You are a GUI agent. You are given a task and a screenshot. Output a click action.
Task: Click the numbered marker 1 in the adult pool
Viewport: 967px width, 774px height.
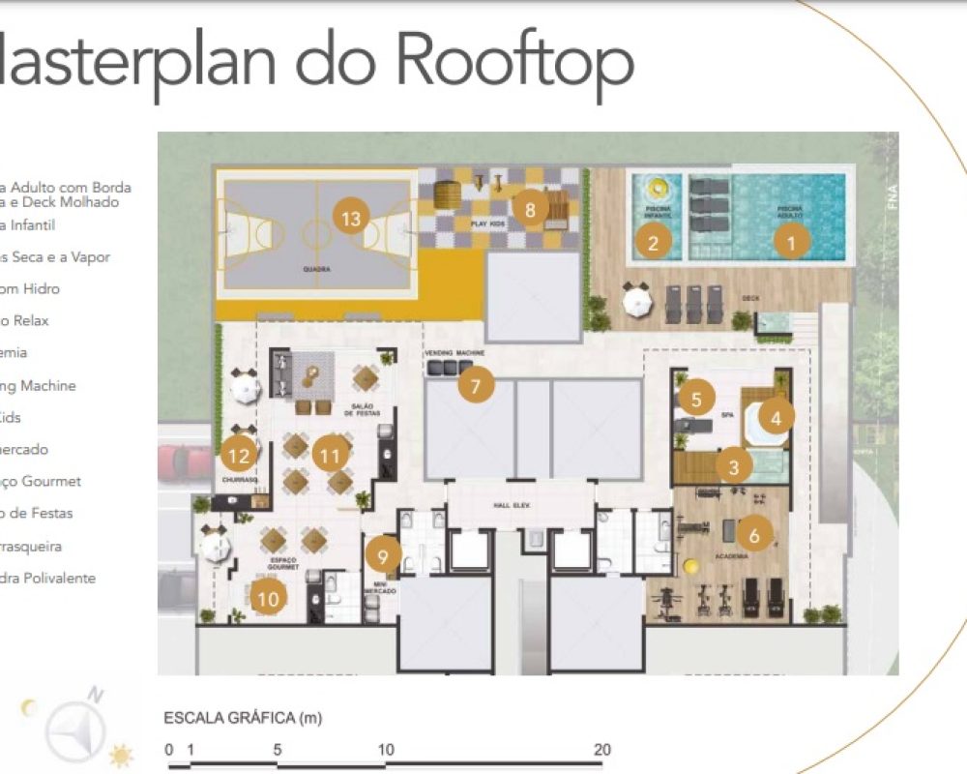[792, 243]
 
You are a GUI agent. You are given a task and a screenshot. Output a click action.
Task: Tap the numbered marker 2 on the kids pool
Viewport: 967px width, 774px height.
[653, 243]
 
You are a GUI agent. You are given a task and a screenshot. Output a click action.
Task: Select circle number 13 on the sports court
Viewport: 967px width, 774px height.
[351, 218]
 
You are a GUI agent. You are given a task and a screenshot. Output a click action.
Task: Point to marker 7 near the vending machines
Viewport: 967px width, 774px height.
[475, 385]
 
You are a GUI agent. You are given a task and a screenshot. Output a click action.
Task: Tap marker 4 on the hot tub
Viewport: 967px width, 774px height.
[777, 417]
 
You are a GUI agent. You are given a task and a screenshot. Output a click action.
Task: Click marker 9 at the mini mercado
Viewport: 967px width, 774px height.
[384, 555]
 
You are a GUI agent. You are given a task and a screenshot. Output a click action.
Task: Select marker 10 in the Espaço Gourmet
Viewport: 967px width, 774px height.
[268, 600]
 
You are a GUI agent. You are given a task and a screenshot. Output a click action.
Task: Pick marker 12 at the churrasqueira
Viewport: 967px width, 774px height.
[238, 452]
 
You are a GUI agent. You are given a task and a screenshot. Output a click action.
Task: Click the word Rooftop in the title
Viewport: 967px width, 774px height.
[515, 60]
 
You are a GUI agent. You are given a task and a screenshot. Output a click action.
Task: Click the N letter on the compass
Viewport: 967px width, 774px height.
[95, 694]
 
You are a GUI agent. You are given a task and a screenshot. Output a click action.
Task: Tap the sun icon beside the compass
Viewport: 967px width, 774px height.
[121, 755]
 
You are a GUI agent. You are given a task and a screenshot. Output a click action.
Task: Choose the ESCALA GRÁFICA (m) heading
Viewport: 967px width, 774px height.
[243, 718]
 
